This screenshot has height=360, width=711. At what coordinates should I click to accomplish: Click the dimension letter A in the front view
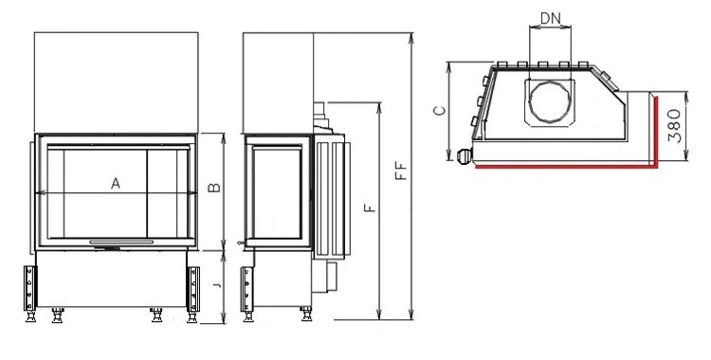tap(116, 184)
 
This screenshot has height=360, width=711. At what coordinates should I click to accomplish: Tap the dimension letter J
tap(217, 285)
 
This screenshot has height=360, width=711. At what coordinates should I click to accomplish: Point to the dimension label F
tap(371, 207)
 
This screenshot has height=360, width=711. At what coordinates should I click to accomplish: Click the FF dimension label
tap(402, 171)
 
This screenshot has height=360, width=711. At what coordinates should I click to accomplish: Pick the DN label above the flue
tap(551, 19)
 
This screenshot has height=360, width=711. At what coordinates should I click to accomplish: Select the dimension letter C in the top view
tap(440, 110)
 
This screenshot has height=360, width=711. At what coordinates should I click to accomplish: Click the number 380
tap(675, 126)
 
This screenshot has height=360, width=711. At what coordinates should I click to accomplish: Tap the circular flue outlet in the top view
tap(550, 102)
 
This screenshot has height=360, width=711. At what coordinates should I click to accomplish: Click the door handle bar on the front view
tap(121, 243)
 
